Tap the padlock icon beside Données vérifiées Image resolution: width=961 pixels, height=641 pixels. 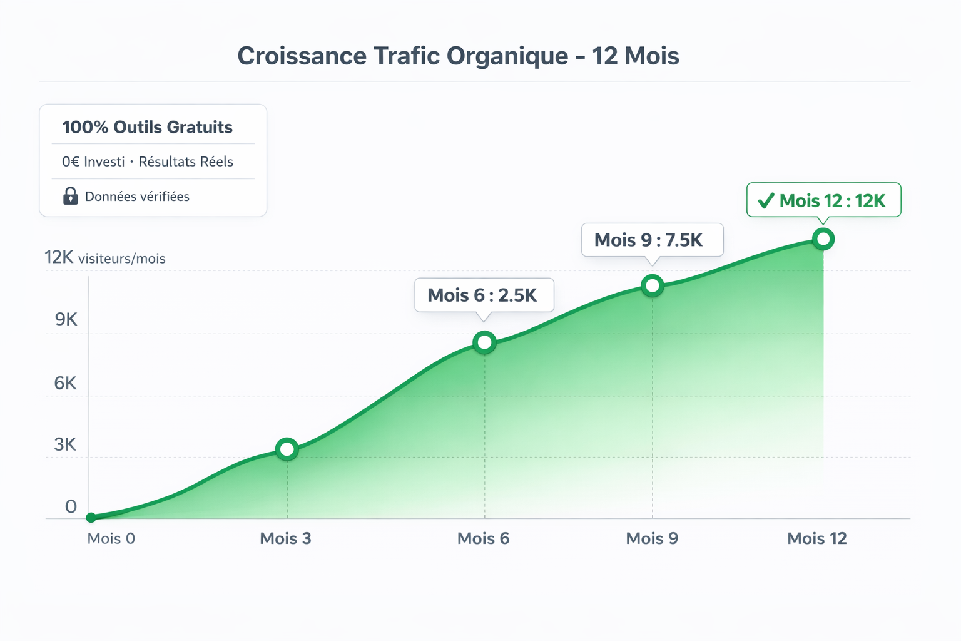point(71,196)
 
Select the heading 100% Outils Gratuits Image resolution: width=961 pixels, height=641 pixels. point(148,127)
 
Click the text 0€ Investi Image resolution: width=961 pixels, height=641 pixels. point(93,162)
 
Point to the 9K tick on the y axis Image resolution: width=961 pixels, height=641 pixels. point(66,320)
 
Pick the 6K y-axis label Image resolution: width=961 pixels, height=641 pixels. point(65,383)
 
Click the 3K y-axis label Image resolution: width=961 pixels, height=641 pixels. point(65,444)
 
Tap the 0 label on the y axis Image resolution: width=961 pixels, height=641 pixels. point(71,506)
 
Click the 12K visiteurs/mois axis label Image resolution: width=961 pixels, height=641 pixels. point(105,258)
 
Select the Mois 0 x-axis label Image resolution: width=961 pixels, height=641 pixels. point(111,538)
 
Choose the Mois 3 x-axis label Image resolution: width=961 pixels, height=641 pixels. point(285,538)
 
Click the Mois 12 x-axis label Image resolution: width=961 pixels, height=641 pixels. point(816,538)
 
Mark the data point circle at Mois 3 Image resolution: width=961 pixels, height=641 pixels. point(287,449)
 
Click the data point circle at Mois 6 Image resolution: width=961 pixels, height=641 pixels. point(484,342)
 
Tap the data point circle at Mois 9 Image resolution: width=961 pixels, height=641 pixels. point(653,286)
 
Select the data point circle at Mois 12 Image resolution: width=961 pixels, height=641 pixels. point(823,238)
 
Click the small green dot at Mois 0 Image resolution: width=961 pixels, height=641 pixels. point(91,518)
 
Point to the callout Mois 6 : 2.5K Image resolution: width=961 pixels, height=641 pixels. point(484,295)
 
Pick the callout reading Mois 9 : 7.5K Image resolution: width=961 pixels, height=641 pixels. point(651,240)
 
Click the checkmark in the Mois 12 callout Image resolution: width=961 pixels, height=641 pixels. point(766,201)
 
